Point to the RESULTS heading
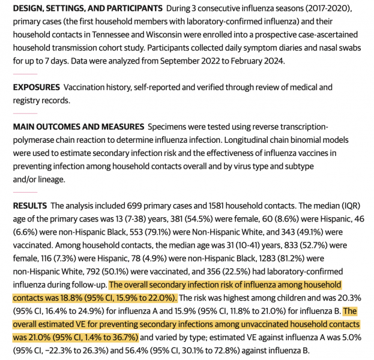[30, 206]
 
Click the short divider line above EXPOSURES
[25, 74]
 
